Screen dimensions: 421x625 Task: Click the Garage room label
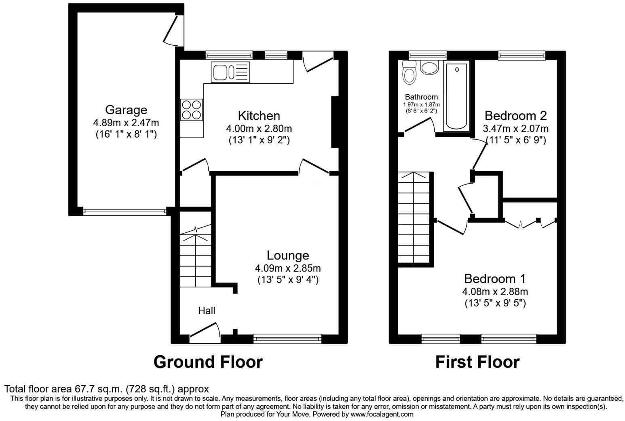pos(126,110)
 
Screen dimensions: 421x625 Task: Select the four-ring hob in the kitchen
pos(192,110)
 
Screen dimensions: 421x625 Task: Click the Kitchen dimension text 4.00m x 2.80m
pos(259,129)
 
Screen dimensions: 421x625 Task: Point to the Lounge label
pos(287,255)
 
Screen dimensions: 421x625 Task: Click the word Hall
pos(207,310)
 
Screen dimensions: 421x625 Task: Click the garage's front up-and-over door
pos(125,211)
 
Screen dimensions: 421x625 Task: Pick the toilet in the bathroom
pos(410,73)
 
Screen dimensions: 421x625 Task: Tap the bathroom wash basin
pos(429,67)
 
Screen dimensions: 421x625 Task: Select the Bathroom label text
pos(421,97)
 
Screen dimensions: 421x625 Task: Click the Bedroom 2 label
pos(515,116)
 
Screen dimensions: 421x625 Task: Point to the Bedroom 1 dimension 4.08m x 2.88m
pos(495,291)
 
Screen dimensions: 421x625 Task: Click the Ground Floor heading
pos(208,361)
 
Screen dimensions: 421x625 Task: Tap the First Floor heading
pos(477,361)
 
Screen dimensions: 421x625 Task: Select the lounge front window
pos(287,339)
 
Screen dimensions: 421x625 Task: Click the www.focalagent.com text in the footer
pos(382,414)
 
